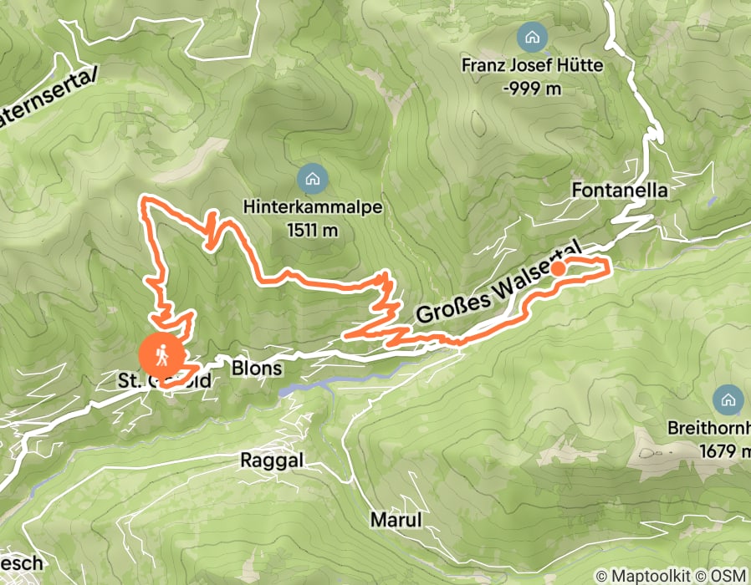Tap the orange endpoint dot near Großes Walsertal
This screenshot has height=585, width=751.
point(556,268)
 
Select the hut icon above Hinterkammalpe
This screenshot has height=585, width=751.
point(313,177)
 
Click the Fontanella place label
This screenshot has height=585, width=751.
point(620,191)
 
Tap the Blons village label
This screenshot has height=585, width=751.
point(255,369)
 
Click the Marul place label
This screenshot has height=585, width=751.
point(396,520)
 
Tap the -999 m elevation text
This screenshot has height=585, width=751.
point(532,88)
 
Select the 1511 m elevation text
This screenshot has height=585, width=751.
point(312,228)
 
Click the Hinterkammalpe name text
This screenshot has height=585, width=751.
point(313,206)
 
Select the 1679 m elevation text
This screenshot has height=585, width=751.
point(724,451)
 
